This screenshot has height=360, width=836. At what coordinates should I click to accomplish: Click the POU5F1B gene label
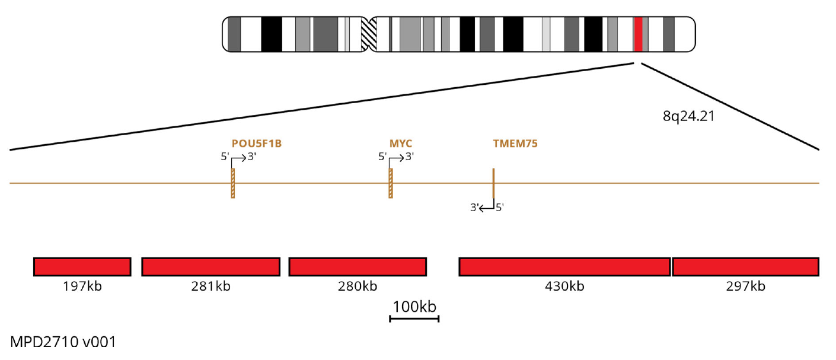tap(256, 144)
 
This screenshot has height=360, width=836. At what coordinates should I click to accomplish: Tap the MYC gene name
tap(400, 144)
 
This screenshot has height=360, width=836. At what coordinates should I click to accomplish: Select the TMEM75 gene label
tap(515, 144)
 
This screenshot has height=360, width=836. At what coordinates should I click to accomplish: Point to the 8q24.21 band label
tap(688, 116)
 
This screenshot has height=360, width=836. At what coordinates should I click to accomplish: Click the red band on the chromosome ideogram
tap(638, 34)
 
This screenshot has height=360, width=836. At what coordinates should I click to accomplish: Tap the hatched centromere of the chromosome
tap(369, 34)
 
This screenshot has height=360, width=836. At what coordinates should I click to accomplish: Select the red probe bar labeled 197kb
tap(82, 267)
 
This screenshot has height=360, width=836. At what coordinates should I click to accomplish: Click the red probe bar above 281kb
tap(211, 267)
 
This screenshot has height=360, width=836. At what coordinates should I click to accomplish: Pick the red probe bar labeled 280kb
tap(358, 267)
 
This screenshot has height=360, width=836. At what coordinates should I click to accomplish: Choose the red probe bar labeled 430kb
tap(564, 267)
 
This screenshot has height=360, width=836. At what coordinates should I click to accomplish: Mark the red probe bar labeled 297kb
tap(746, 267)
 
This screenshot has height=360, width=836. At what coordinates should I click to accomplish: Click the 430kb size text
tap(564, 286)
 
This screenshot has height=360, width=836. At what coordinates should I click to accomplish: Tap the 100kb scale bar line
tap(414, 318)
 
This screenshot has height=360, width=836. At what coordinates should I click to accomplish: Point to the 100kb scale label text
tap(414, 307)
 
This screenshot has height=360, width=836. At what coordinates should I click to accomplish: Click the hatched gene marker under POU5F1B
tap(233, 183)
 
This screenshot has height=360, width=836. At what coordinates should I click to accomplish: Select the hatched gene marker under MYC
tap(391, 183)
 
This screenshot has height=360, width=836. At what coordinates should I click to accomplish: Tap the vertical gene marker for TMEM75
tap(493, 183)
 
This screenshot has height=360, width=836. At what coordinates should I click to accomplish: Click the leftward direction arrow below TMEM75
tap(487, 208)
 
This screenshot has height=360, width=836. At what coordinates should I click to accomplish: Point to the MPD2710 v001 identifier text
tap(63, 342)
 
